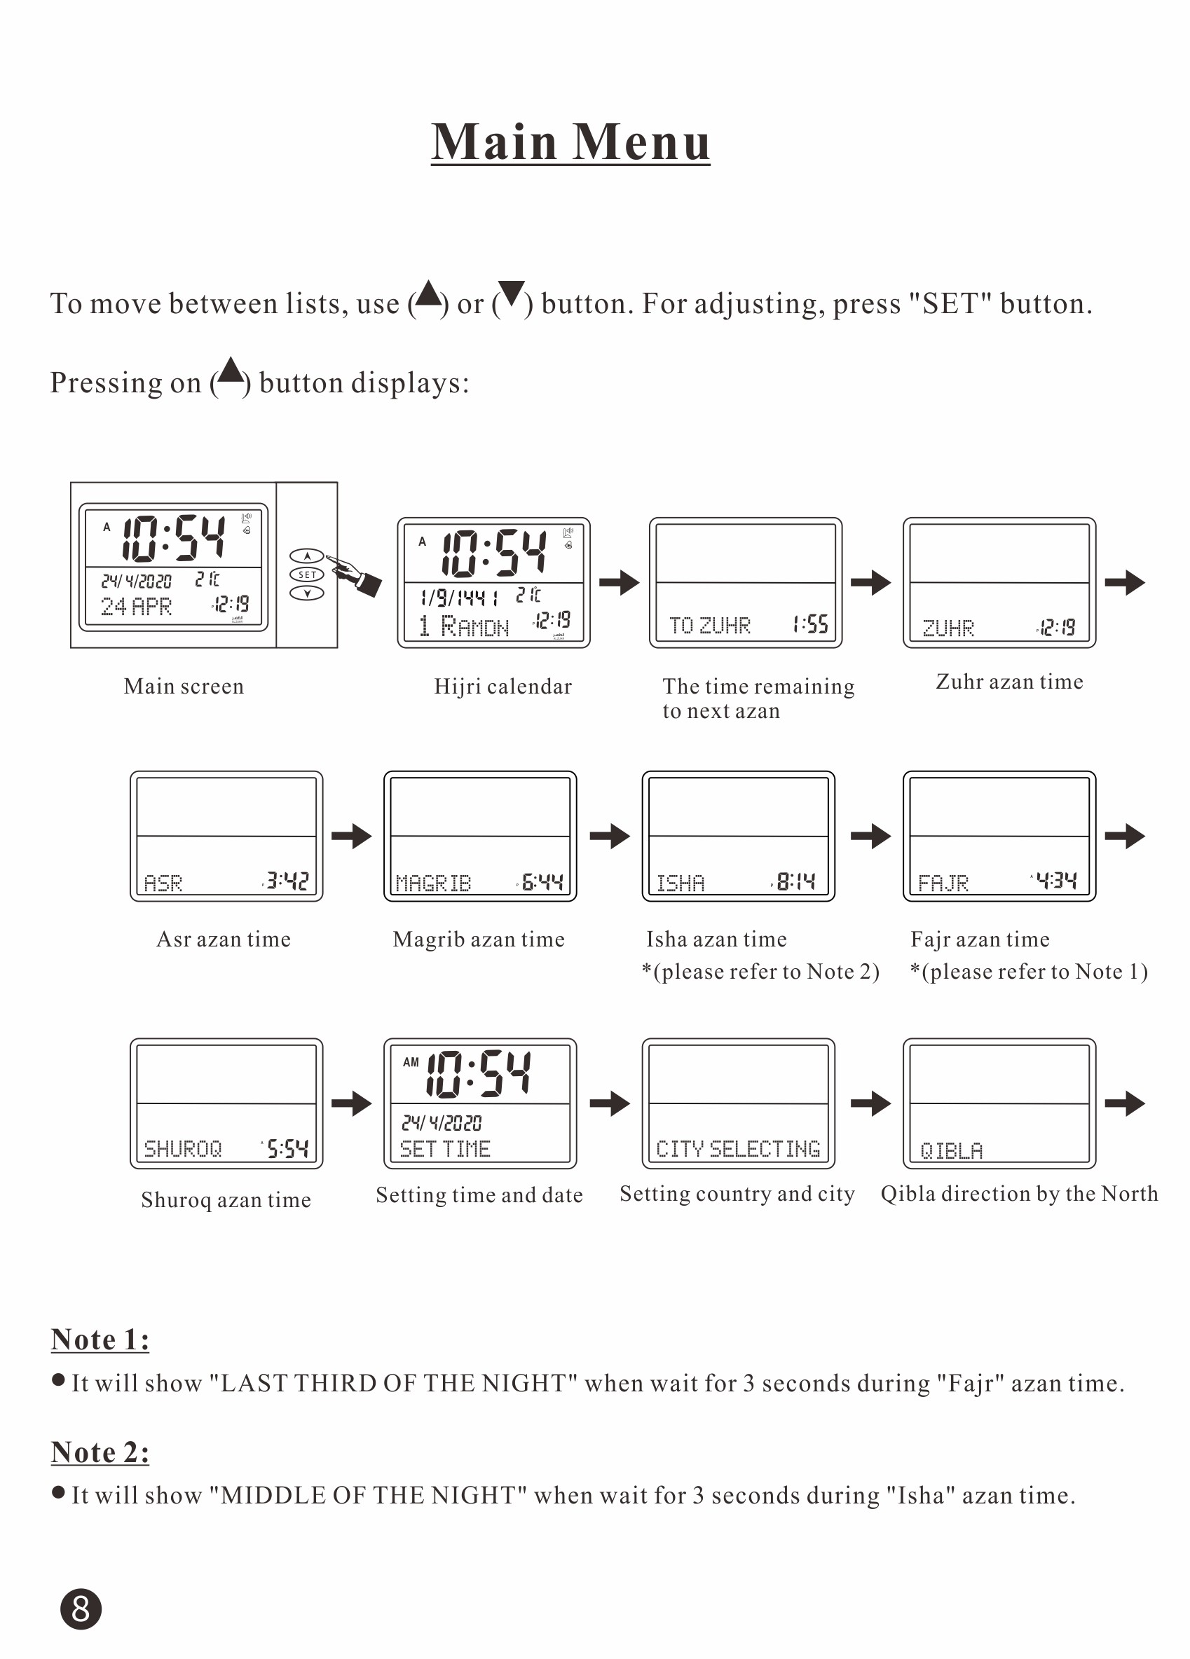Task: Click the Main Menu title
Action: click(570, 142)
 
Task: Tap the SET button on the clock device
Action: click(307, 574)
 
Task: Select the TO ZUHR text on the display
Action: click(709, 626)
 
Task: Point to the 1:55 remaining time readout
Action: click(810, 624)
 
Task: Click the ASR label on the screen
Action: click(163, 883)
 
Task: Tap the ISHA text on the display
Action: click(680, 883)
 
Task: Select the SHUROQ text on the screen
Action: click(182, 1149)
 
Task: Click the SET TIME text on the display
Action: click(445, 1149)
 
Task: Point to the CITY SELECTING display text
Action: click(738, 1149)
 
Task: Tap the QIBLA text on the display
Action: click(951, 1151)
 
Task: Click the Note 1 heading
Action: click(100, 1340)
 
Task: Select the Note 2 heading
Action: click(100, 1452)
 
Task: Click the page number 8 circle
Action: click(81, 1609)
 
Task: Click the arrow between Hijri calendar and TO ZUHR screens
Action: click(619, 582)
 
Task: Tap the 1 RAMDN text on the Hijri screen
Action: click(463, 626)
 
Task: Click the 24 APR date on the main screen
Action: click(136, 607)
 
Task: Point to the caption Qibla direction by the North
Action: click(1019, 1194)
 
